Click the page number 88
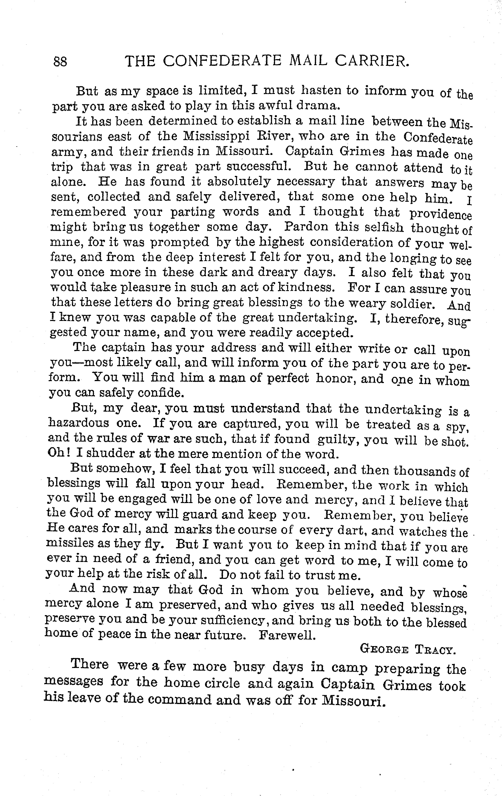[x=60, y=62]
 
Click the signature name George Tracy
[x=408, y=650]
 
